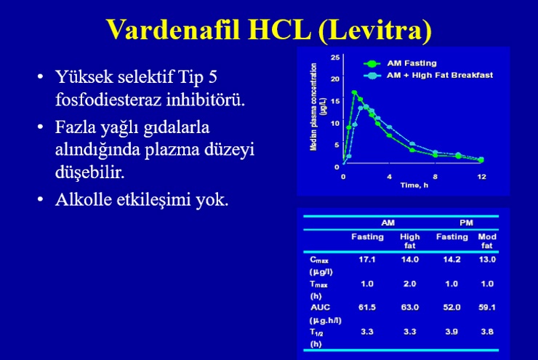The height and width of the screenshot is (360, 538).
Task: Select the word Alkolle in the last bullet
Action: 84,199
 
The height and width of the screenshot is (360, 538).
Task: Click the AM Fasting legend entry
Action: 400,63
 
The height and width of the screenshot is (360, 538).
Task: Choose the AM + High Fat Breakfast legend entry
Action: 428,76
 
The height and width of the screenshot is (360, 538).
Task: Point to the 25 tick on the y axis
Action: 335,57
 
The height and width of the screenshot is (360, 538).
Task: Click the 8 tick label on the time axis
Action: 435,177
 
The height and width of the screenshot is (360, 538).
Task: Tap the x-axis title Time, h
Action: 414,185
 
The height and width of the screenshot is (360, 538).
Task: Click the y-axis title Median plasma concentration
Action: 313,107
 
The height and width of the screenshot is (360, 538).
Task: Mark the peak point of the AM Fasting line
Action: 355,92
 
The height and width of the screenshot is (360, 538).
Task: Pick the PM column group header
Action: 466,223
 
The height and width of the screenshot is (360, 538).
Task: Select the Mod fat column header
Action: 487,241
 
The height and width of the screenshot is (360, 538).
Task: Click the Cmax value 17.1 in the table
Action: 367,260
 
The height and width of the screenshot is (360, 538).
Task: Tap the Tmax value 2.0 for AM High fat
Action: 409,284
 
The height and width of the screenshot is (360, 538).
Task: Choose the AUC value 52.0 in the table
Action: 451,307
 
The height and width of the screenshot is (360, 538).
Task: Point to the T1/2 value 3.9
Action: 451,332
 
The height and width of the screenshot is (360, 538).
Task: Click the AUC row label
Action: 320,307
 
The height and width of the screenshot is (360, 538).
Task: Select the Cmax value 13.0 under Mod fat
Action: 487,260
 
